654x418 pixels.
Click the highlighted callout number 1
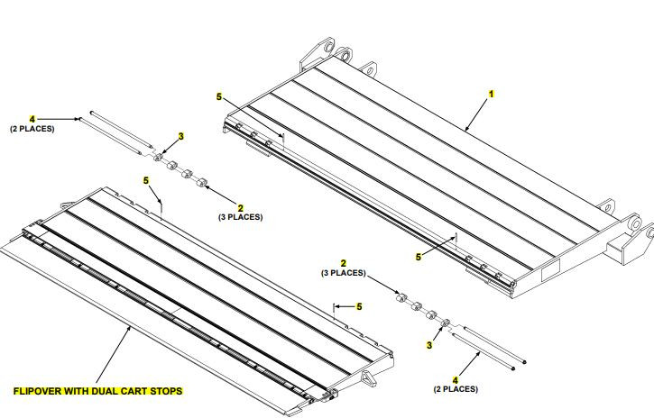point(492,93)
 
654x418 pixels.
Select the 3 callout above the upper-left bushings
point(180,136)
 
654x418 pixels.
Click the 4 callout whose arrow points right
point(32,118)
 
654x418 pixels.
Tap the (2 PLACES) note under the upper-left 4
point(32,129)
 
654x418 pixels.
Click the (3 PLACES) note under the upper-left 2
point(239,218)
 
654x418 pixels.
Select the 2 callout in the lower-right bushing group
point(343,262)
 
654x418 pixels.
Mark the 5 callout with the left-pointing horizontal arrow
point(359,306)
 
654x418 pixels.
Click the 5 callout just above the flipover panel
point(146,180)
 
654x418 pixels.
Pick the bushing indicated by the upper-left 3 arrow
point(160,159)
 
